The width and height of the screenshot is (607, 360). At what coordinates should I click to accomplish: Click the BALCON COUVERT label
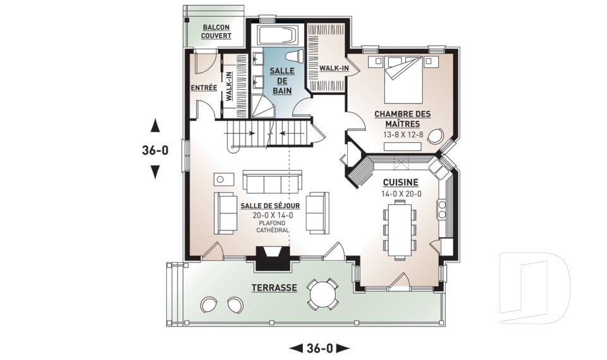click(x=216, y=32)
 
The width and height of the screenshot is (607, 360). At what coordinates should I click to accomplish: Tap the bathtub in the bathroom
click(x=279, y=35)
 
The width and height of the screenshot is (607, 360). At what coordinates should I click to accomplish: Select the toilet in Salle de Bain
click(x=295, y=56)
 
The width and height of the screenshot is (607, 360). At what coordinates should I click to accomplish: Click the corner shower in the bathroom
click(x=264, y=106)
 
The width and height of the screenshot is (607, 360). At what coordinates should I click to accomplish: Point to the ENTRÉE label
click(x=204, y=88)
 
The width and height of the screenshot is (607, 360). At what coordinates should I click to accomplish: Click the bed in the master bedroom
click(x=403, y=80)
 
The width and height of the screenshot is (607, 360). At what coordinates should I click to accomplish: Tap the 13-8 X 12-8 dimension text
click(x=402, y=135)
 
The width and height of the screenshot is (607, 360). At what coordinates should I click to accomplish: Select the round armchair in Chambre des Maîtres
click(x=437, y=136)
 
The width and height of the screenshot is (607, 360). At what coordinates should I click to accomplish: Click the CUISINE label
click(x=401, y=182)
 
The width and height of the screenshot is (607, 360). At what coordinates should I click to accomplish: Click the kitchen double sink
click(x=437, y=168)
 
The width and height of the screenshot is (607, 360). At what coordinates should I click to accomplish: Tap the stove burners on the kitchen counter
click(x=442, y=209)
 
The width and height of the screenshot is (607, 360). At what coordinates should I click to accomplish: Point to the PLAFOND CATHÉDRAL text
click(x=273, y=227)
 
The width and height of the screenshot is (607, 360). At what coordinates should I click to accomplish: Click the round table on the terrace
click(x=322, y=294)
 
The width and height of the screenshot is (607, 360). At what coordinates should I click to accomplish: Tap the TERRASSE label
click(x=274, y=288)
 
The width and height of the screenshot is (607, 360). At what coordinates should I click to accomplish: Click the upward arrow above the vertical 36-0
click(x=155, y=125)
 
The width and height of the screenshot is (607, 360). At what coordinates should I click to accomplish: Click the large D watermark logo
click(x=535, y=288)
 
